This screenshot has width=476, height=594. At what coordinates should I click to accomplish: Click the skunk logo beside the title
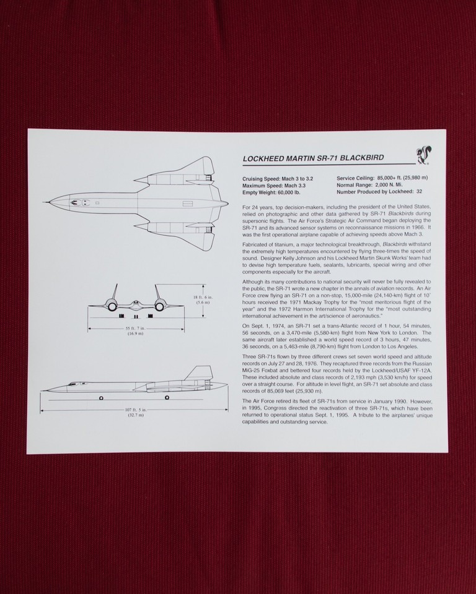423,156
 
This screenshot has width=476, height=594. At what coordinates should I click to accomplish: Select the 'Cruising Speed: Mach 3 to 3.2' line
277,178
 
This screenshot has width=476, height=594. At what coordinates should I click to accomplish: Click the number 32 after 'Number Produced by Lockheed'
420,192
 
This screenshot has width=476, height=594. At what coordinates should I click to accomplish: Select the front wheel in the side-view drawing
101,397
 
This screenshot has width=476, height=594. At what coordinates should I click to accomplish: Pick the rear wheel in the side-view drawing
167,397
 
